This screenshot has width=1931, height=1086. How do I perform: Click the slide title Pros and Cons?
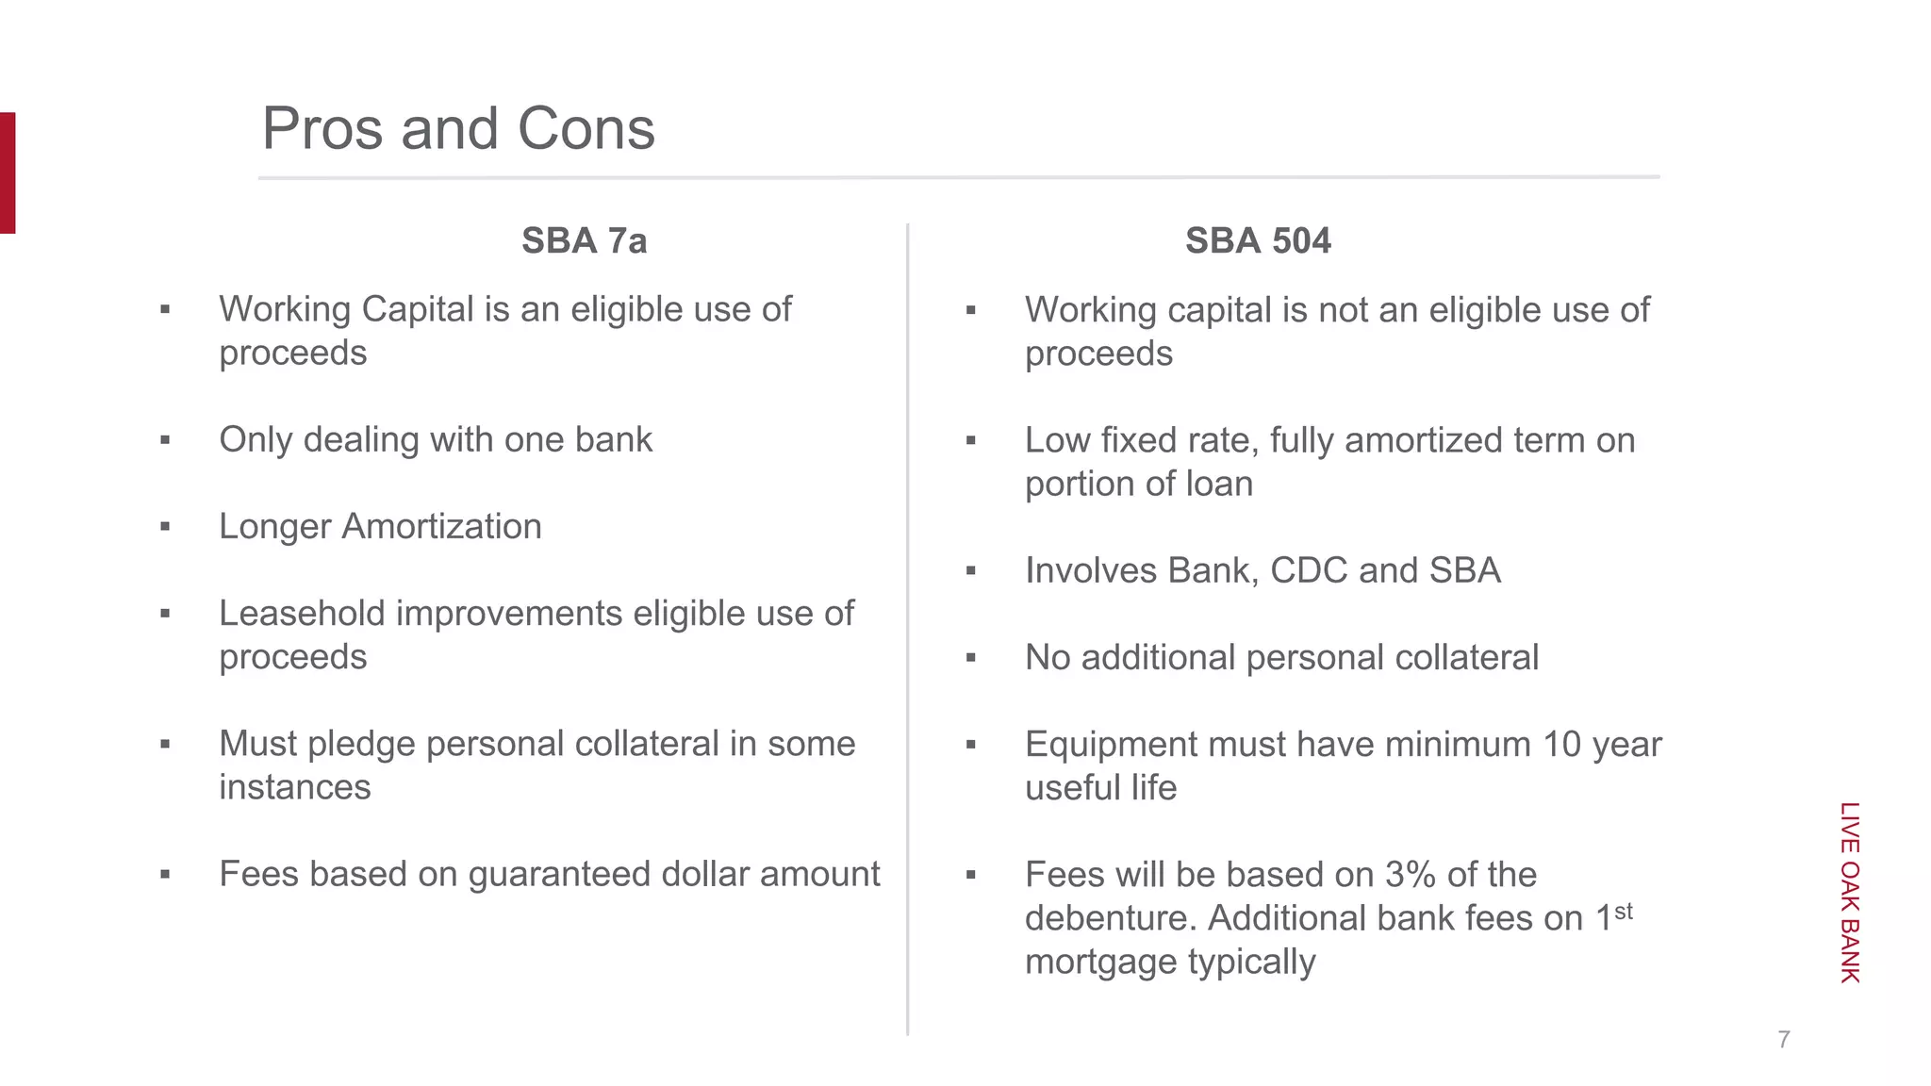pos(458,128)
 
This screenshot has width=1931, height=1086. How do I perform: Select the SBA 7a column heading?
pos(584,241)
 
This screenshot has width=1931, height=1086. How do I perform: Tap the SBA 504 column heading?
pos(1258,241)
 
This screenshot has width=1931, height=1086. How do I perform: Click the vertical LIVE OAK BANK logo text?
pos(1850,892)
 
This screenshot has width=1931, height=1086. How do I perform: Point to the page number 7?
pos(1783,1040)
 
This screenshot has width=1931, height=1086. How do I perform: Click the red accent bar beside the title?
pos(8,173)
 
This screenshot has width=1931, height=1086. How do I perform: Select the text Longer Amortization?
pos(380,527)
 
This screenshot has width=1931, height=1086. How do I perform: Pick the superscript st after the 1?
pos(1623,911)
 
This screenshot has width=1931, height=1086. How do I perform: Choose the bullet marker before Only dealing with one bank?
pos(165,440)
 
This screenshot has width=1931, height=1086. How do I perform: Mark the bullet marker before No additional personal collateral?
pos(971,658)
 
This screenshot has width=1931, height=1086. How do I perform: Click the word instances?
pos(295,788)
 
